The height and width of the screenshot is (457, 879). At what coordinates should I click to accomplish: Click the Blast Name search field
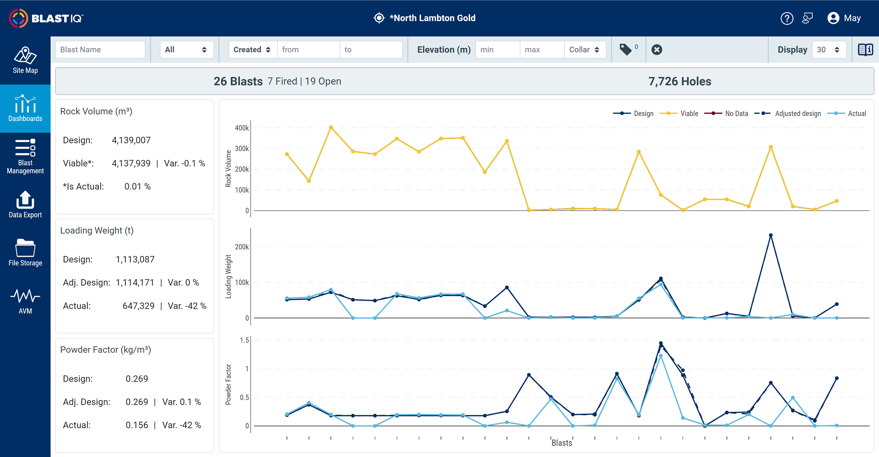click(100, 50)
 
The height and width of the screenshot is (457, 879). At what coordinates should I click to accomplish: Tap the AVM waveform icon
click(25, 296)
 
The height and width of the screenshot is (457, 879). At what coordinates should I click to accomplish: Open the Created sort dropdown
click(252, 50)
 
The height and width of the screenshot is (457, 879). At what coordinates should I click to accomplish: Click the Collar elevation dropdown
click(584, 50)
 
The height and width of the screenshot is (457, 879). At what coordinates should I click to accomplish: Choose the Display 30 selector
click(828, 50)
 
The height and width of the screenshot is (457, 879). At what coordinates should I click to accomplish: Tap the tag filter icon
click(625, 50)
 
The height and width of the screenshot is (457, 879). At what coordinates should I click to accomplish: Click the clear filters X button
click(657, 50)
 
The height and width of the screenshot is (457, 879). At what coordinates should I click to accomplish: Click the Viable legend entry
click(689, 114)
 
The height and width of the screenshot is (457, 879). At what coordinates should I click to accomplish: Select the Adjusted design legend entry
click(797, 114)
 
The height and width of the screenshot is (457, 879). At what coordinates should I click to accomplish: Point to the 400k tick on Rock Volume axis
click(242, 128)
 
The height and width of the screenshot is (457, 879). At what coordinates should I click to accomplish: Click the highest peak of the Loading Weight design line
click(770, 235)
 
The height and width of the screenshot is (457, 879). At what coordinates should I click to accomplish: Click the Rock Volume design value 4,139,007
click(131, 140)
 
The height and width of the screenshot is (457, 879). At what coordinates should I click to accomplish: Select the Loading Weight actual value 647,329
click(138, 306)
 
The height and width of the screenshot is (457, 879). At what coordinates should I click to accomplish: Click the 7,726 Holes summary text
click(679, 82)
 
